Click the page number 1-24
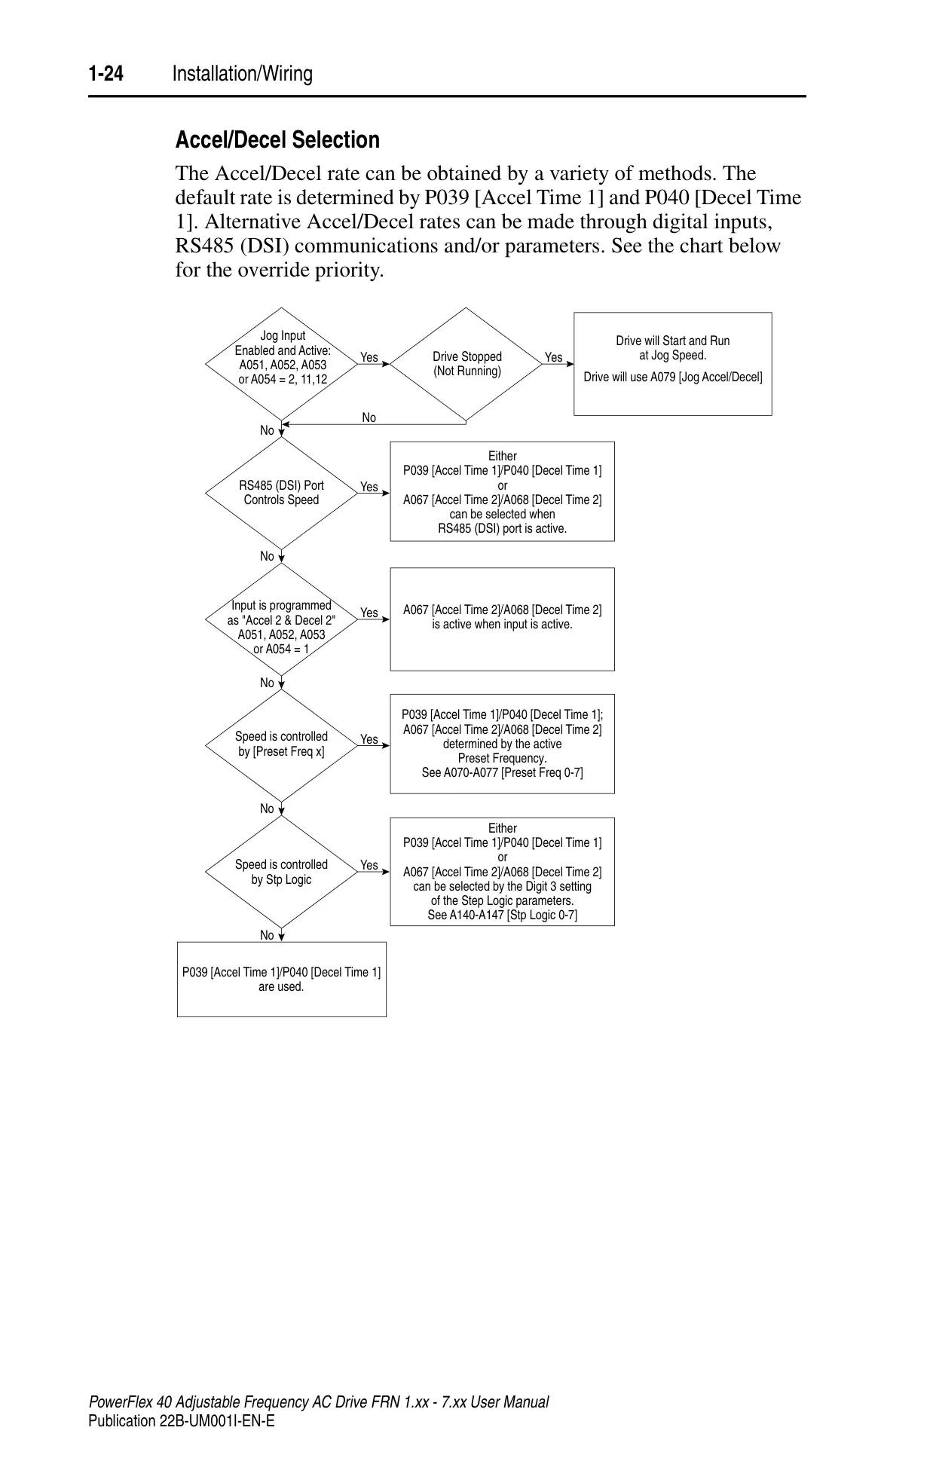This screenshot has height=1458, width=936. coord(106,74)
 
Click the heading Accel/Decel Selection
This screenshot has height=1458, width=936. coord(277,140)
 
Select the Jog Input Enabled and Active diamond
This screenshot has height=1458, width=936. coord(281,363)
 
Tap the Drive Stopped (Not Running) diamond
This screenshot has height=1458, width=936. coord(466,363)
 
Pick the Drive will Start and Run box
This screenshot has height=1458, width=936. coord(673,364)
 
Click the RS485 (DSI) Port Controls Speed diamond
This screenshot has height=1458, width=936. coord(281,493)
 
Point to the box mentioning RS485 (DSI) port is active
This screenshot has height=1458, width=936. coord(502,491)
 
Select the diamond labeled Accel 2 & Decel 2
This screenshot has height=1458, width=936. coord(281,619)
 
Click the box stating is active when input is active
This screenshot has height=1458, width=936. coord(502,619)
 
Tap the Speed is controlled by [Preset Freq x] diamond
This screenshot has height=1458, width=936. coord(281,745)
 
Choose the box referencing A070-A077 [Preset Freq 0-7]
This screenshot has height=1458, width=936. coord(502,744)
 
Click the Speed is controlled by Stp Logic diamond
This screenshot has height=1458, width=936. coord(281,872)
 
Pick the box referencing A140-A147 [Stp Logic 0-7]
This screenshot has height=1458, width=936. coord(502,872)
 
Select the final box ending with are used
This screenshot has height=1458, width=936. coord(282,980)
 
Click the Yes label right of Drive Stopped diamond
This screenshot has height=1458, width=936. coord(553,357)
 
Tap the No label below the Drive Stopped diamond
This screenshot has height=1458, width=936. coord(369,417)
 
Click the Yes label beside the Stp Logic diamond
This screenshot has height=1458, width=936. coord(369,865)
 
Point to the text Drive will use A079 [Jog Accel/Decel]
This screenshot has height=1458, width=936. coord(673,377)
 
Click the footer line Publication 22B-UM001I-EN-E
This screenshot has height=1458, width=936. coord(182,1421)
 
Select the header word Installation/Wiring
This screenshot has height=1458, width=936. coord(242,74)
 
